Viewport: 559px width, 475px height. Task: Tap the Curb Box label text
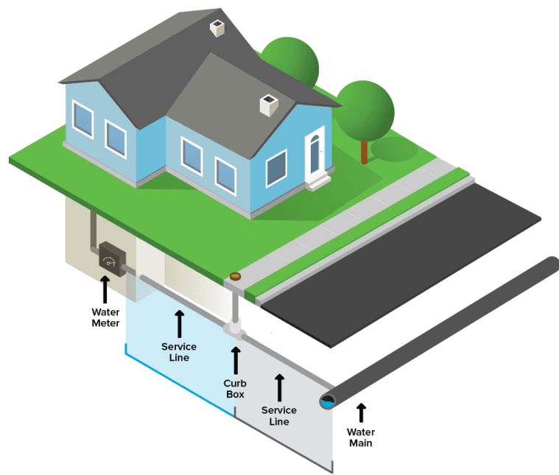[x=236, y=389]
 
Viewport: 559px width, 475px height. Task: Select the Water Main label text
[x=361, y=437]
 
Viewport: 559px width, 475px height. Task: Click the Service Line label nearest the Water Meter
[x=179, y=351]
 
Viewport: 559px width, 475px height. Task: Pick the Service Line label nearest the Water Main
[x=279, y=415]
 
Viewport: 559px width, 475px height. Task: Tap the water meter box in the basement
[x=110, y=258]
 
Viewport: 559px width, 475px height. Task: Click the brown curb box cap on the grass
[x=235, y=277]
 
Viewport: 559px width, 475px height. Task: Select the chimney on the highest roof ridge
[x=219, y=29]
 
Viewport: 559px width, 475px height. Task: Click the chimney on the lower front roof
[x=267, y=105]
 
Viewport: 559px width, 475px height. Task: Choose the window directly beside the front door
[x=276, y=168]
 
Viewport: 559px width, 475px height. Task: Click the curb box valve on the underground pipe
[x=235, y=328]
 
